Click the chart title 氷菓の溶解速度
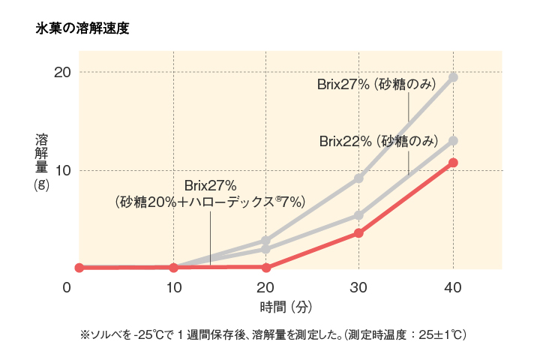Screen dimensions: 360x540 [x=82, y=29]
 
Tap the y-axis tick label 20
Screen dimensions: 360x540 [x=61, y=72]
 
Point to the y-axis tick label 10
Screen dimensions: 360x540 [x=61, y=170]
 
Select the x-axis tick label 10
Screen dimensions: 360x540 [x=173, y=287]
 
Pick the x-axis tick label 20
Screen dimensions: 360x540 [x=265, y=287]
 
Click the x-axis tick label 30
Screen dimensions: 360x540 [x=359, y=287]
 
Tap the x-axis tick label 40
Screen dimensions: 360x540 [x=453, y=287]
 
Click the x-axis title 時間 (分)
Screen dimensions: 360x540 [x=286, y=307]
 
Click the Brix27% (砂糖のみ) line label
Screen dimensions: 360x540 [x=376, y=84]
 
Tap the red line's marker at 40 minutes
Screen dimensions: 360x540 [x=453, y=163]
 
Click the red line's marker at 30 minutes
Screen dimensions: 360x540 [x=359, y=233]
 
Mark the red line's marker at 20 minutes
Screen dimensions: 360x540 [x=265, y=267]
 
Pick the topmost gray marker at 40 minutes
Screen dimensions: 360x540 [x=453, y=77]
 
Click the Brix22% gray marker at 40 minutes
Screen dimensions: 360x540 [x=453, y=141]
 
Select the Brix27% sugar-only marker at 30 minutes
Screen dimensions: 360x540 [x=359, y=178]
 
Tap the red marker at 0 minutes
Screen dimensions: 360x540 [x=79, y=268]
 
